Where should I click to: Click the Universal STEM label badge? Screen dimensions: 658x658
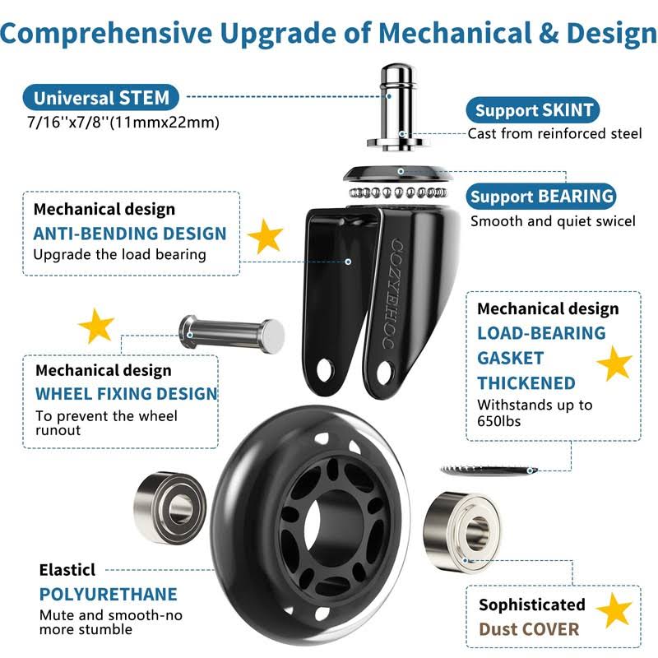click(x=100, y=98)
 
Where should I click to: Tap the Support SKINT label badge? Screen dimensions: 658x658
click(x=533, y=110)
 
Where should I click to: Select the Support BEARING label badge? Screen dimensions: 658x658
click(x=541, y=197)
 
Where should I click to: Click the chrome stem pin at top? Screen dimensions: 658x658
click(x=396, y=107)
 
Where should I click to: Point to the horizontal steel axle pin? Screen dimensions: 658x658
click(x=232, y=335)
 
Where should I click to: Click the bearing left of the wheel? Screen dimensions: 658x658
click(x=170, y=507)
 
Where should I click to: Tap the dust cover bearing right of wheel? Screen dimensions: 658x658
click(x=461, y=531)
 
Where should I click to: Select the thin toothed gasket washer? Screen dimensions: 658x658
click(x=489, y=470)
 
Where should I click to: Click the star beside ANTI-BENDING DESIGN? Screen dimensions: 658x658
click(x=265, y=236)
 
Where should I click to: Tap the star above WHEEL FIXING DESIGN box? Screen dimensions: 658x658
click(x=96, y=326)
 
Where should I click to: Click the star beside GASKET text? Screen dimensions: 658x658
click(x=614, y=364)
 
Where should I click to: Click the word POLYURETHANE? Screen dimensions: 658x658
click(x=109, y=595)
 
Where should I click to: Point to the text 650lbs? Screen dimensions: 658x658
click(x=499, y=421)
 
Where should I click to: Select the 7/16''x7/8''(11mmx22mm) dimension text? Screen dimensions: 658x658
click(x=123, y=123)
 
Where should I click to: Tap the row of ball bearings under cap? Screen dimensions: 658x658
click(x=398, y=192)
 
